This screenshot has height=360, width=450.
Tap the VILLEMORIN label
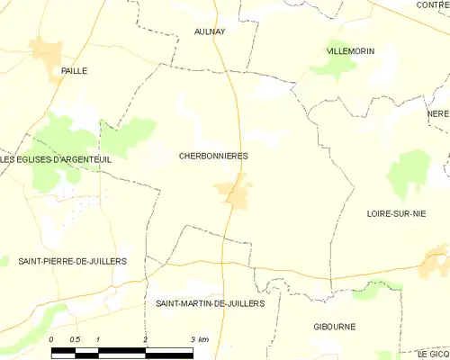tap(350, 51)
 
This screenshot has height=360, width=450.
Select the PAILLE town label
tap(75, 70)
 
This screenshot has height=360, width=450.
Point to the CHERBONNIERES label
tap(215, 156)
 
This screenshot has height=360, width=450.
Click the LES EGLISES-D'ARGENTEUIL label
tap(42, 160)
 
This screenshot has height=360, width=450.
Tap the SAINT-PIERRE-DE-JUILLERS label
tap(72, 261)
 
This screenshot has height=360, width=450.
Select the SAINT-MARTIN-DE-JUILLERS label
tap(210, 304)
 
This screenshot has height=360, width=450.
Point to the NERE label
tap(438, 114)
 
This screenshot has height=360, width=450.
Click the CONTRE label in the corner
tap(433, 5)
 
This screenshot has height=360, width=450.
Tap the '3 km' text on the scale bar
tap(201, 339)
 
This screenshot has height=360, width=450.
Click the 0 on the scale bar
tap(52, 339)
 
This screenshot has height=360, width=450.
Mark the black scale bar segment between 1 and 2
tap(121, 352)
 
